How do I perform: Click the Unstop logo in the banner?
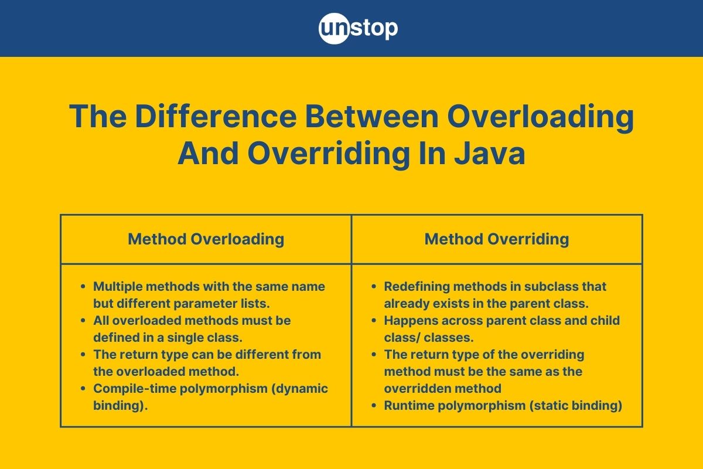[358, 28]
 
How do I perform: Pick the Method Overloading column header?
[206, 239]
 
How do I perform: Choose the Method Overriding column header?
[497, 239]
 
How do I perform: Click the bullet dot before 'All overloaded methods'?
[83, 321]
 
